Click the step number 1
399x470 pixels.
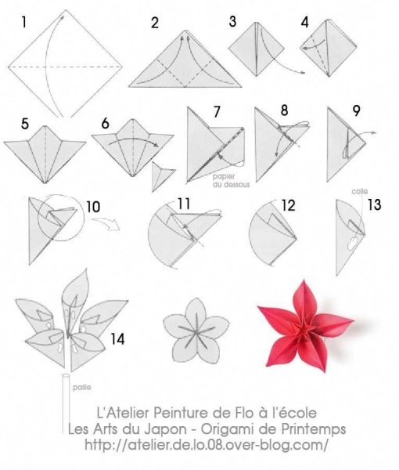(24, 22)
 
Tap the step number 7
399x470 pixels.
(217, 111)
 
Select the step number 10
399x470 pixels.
(93, 207)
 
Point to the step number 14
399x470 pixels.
(117, 339)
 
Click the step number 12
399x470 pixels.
(288, 205)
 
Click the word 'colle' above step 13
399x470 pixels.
(359, 191)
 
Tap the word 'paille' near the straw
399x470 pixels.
(82, 387)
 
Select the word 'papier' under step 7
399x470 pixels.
(224, 176)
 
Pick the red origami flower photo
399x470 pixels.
(305, 326)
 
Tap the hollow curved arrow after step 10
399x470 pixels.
(106, 224)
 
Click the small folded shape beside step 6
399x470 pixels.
(163, 176)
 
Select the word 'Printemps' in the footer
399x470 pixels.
(314, 429)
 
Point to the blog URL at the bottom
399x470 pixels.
(207, 444)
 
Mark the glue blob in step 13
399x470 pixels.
(353, 244)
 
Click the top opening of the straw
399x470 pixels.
(66, 375)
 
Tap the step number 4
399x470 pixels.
(304, 23)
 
